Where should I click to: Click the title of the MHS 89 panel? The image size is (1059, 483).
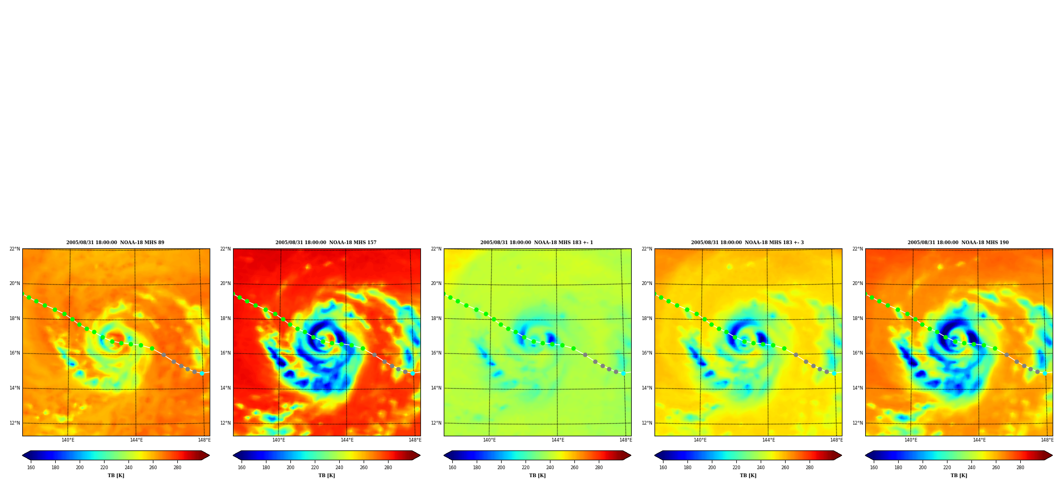click(115, 243)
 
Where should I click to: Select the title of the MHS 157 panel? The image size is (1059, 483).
click(326, 243)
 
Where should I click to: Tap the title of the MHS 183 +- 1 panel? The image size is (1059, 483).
click(537, 243)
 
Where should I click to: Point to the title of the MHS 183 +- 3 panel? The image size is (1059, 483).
click(747, 243)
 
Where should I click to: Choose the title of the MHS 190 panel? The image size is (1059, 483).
click(958, 243)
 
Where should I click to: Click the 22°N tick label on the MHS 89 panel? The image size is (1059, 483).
click(14, 249)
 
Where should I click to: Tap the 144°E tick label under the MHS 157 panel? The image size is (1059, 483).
click(347, 440)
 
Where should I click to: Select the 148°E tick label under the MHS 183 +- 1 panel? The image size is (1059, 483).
click(626, 440)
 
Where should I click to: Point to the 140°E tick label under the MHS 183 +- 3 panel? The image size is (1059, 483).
click(700, 440)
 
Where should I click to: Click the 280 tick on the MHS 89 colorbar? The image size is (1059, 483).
click(177, 468)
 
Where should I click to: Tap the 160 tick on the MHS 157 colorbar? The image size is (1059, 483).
click(242, 468)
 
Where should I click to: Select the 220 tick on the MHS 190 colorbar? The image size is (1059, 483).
click(947, 468)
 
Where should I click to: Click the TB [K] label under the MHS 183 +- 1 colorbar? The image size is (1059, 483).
click(537, 476)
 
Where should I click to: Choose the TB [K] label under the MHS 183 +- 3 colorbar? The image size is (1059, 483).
click(748, 476)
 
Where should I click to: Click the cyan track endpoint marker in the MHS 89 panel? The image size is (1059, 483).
click(202, 373)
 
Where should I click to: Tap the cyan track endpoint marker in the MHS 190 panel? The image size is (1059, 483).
click(1045, 373)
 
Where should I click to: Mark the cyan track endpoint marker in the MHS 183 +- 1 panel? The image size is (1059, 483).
click(623, 373)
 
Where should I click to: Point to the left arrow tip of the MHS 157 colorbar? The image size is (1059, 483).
click(233, 455)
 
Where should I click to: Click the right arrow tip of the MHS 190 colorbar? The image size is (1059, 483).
click(1052, 455)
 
